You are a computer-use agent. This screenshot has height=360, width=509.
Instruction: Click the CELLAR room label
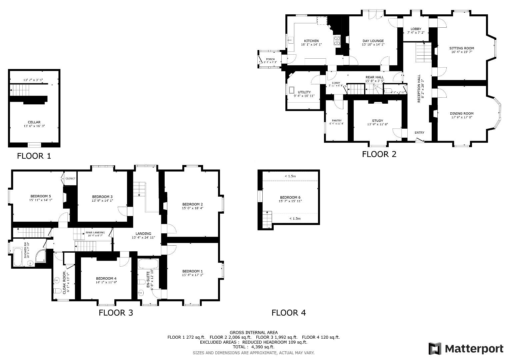coord(34,122)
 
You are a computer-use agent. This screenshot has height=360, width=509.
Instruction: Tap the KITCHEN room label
coord(311,41)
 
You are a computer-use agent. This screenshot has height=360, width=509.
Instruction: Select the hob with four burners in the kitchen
coord(337,41)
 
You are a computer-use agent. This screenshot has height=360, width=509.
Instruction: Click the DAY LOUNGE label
coord(373,41)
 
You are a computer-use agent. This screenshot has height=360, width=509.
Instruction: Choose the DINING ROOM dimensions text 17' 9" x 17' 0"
coord(461,117)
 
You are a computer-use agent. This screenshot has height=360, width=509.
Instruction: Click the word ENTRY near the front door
coord(419,133)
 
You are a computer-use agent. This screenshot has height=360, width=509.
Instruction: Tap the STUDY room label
coord(377,121)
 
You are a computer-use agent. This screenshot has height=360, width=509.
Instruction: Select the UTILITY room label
coord(304,92)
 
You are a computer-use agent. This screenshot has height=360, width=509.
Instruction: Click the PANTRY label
coord(336,121)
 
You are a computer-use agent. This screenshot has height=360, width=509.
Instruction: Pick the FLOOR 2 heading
coord(379,154)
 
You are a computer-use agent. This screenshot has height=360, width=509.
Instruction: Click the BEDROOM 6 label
coord(290,197)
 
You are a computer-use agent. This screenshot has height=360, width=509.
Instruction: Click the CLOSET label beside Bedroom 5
coord(70,178)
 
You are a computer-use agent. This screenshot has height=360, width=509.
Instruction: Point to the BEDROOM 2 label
coord(192,204)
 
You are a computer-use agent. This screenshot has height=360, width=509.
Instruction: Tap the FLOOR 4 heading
coord(288,313)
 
